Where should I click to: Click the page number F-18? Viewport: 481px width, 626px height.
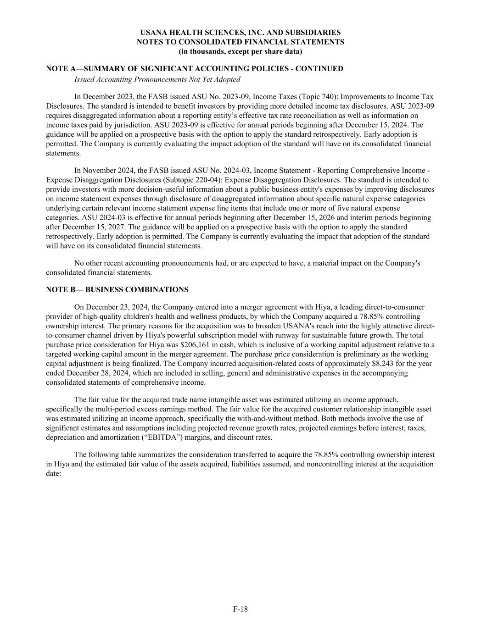coord(240,609)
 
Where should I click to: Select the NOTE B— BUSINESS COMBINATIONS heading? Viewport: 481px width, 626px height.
coord(117,289)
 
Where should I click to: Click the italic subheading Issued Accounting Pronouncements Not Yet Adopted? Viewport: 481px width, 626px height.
coord(157,79)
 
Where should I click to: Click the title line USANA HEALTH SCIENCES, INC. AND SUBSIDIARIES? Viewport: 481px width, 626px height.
coord(240,33)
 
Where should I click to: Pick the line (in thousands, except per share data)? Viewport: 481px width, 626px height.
coord(240,51)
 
